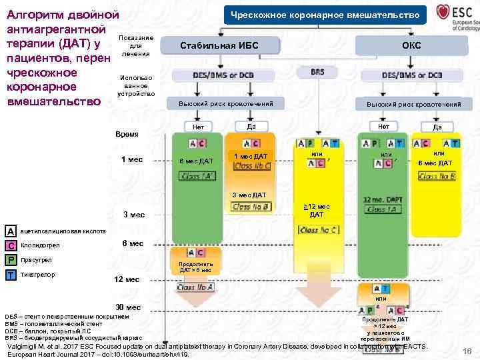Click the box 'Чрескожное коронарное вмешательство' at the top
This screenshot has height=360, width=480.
click(325, 15)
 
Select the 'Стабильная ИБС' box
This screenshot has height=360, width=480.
click(219, 45)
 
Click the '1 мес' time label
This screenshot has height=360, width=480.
click(131, 159)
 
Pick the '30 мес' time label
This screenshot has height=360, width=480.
click(128, 307)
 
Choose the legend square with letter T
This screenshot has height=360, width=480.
click(11, 275)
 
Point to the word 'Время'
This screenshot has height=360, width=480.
click(127, 135)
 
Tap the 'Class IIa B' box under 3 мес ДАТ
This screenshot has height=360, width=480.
click(249, 207)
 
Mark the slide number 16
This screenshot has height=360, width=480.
click(465, 351)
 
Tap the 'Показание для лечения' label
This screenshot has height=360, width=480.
click(136, 45)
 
